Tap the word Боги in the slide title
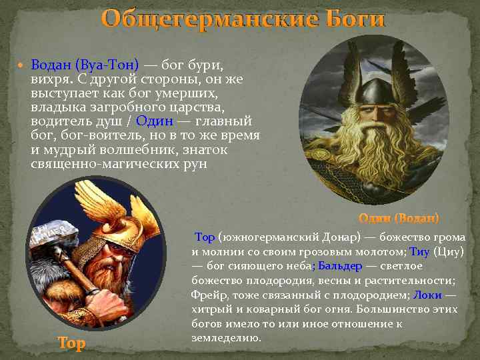pos(357,18)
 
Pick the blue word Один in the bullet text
pos(154,121)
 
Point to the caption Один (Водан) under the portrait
pos(399,218)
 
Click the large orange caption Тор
pos(71,343)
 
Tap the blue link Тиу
pos(419,251)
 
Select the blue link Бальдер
pos(340,266)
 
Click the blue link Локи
pos(427,295)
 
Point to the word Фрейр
pos(209,295)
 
